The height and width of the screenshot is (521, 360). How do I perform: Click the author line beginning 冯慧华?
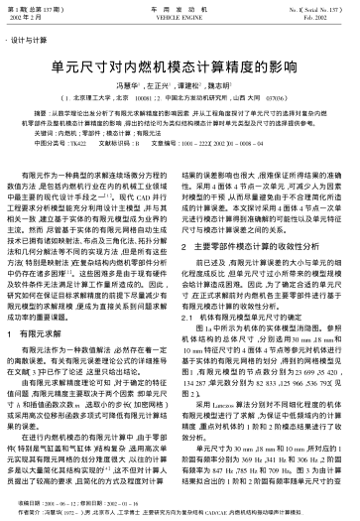(x=179, y=88)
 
